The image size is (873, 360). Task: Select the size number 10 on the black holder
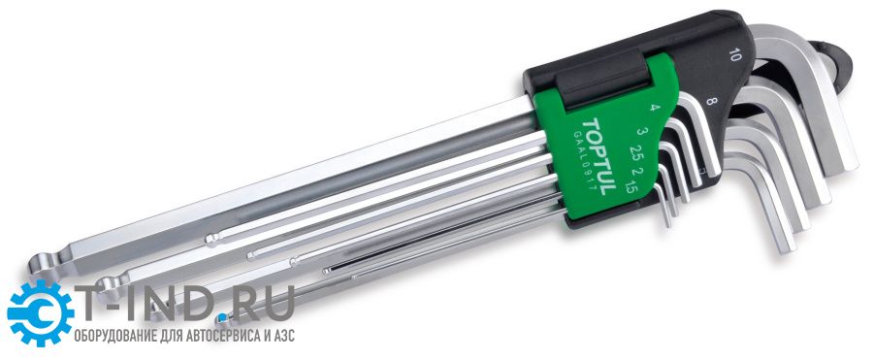click(x=735, y=54)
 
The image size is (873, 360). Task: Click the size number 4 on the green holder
click(x=653, y=108)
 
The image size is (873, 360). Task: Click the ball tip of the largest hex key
click(x=42, y=265)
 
